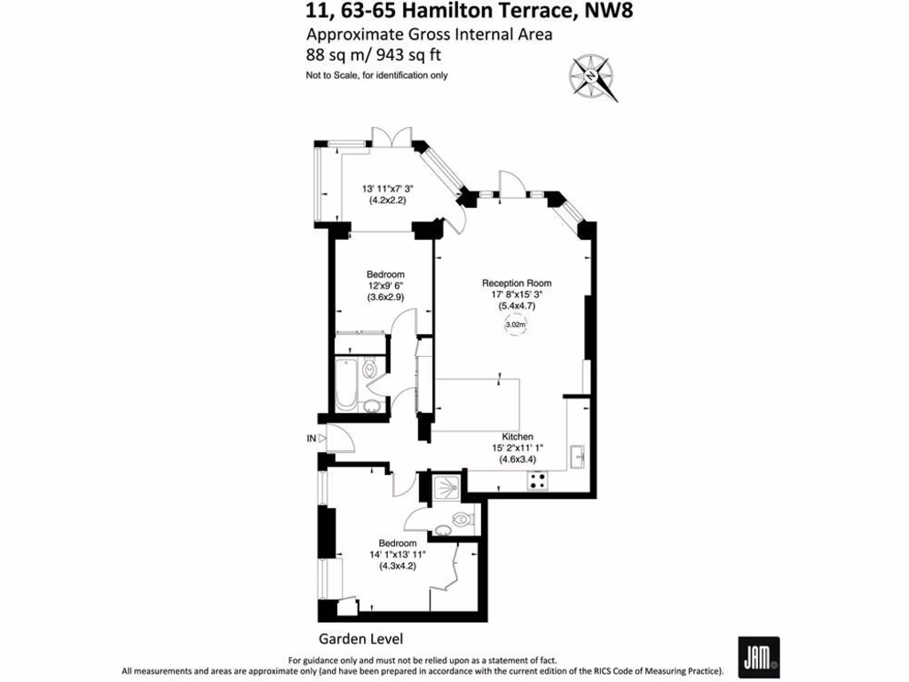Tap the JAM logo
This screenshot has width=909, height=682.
point(758,657)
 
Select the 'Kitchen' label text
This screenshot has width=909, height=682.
point(518,437)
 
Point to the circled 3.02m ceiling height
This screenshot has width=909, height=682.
point(515,325)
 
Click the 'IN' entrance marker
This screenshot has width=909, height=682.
point(311,439)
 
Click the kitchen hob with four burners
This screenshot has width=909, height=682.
point(538,480)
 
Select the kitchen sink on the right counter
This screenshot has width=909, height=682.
point(578,456)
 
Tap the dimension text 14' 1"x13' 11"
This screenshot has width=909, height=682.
point(397,555)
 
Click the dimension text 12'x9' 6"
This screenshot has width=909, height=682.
point(386,286)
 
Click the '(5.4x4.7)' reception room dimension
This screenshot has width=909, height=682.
point(517,306)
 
